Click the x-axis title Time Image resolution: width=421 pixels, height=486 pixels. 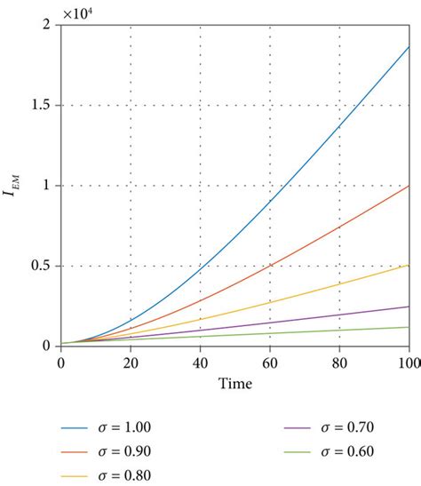point(234,384)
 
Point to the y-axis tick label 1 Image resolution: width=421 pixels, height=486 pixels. point(48,186)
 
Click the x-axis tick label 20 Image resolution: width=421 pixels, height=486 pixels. point(131,362)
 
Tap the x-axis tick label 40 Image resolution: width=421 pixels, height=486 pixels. point(200,362)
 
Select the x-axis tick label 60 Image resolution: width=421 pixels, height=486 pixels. point(270,362)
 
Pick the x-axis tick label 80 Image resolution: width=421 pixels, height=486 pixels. point(339,362)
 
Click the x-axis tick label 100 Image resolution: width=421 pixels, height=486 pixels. point(407,362)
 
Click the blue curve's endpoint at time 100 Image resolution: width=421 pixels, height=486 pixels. point(409,47)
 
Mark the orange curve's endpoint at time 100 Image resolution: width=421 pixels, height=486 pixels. point(409,186)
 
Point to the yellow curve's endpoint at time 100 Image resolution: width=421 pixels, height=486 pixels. point(409,265)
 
